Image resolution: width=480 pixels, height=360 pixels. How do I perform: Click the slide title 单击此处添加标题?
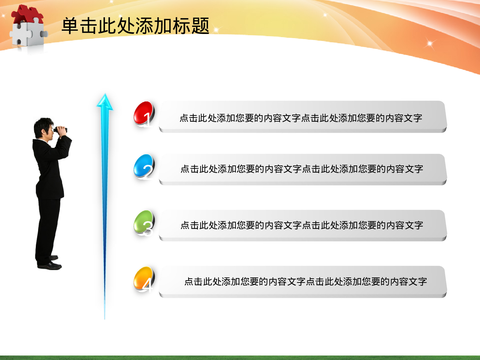tap(135, 26)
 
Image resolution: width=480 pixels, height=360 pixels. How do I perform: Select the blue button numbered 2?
tap(144, 166)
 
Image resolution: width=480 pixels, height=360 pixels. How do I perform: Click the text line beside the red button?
tap(301, 118)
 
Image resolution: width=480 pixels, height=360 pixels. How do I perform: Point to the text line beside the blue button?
tap(302, 169)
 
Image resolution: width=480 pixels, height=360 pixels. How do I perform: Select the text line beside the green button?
tap(302, 225)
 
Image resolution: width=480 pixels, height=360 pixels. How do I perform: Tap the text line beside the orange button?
tap(306, 282)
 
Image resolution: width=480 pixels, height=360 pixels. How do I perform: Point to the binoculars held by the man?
tap(60, 130)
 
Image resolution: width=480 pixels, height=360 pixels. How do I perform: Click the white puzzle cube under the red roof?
tap(27, 34)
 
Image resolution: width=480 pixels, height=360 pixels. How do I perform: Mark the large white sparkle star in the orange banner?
tap(430, 44)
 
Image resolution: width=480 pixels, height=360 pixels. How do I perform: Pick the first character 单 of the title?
tap(70, 26)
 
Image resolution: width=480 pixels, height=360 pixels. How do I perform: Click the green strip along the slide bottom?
tap(240, 357)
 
